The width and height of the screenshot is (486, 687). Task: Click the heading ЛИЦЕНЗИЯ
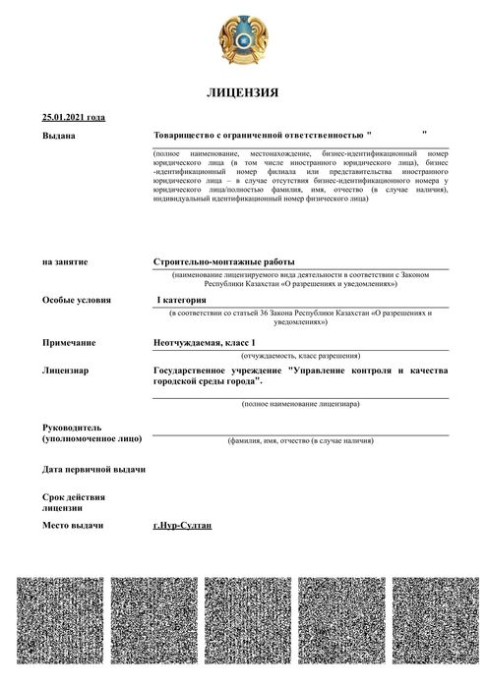point(242,93)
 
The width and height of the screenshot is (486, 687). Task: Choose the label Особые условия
point(77,300)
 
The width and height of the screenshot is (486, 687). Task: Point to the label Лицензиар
point(66,372)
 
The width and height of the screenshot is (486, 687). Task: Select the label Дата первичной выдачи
point(93,469)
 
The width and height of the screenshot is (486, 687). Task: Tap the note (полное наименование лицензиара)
point(299,404)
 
